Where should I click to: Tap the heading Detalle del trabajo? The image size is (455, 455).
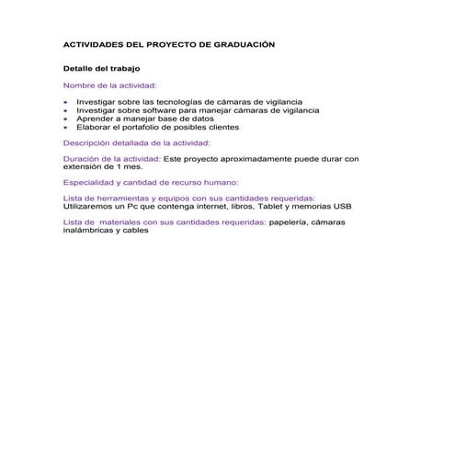pos(100,68)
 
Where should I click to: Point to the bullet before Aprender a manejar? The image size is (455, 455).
pos(66,119)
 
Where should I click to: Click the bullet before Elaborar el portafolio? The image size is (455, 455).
pos(66,128)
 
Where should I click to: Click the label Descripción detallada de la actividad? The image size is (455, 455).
pos(136,143)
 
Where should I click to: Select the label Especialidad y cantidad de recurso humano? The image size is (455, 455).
pos(150,183)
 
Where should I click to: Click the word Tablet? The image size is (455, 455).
pos(271,207)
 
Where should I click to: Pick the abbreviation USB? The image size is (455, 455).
pos(342,207)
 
